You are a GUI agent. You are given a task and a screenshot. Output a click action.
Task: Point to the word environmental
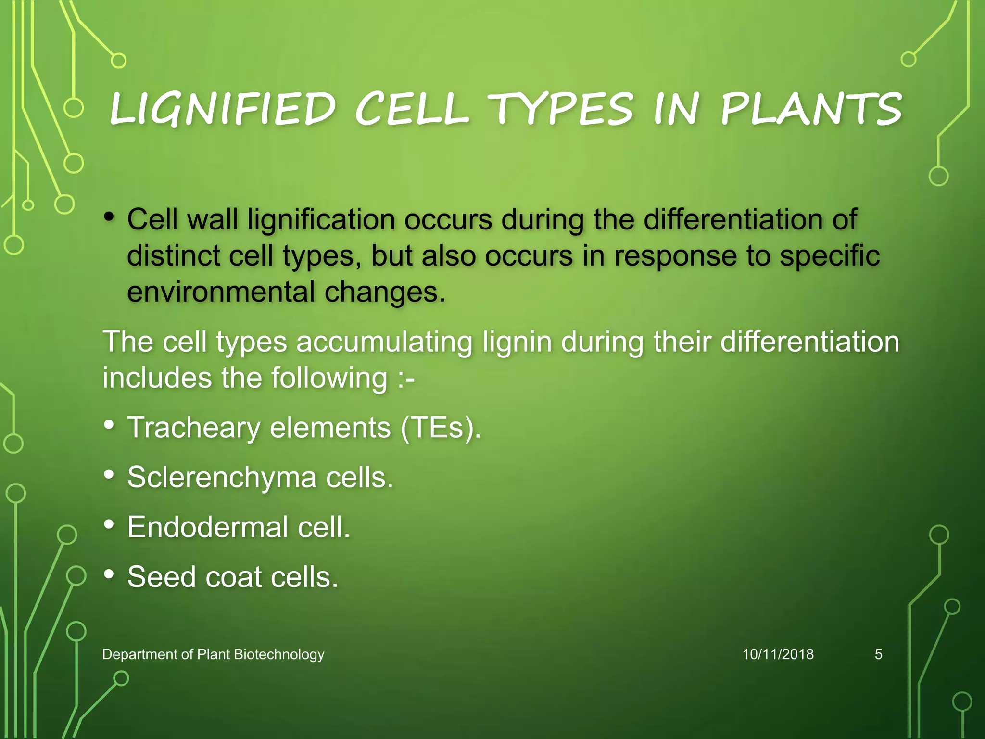coord(221,292)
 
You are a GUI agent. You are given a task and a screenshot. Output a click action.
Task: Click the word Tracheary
coord(193,428)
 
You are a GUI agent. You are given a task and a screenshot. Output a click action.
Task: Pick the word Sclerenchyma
coord(222,478)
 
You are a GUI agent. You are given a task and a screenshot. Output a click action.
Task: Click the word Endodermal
coord(207,527)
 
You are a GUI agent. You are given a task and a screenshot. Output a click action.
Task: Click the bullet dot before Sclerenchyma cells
coord(109,474)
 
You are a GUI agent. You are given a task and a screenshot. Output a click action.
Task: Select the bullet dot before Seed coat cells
coord(109,573)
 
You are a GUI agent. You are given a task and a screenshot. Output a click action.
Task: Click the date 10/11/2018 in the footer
coord(778,654)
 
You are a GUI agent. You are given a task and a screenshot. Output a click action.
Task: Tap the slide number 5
coord(878,654)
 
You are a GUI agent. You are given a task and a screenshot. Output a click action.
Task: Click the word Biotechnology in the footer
coord(278,655)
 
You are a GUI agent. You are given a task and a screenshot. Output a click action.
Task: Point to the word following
coord(329,378)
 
